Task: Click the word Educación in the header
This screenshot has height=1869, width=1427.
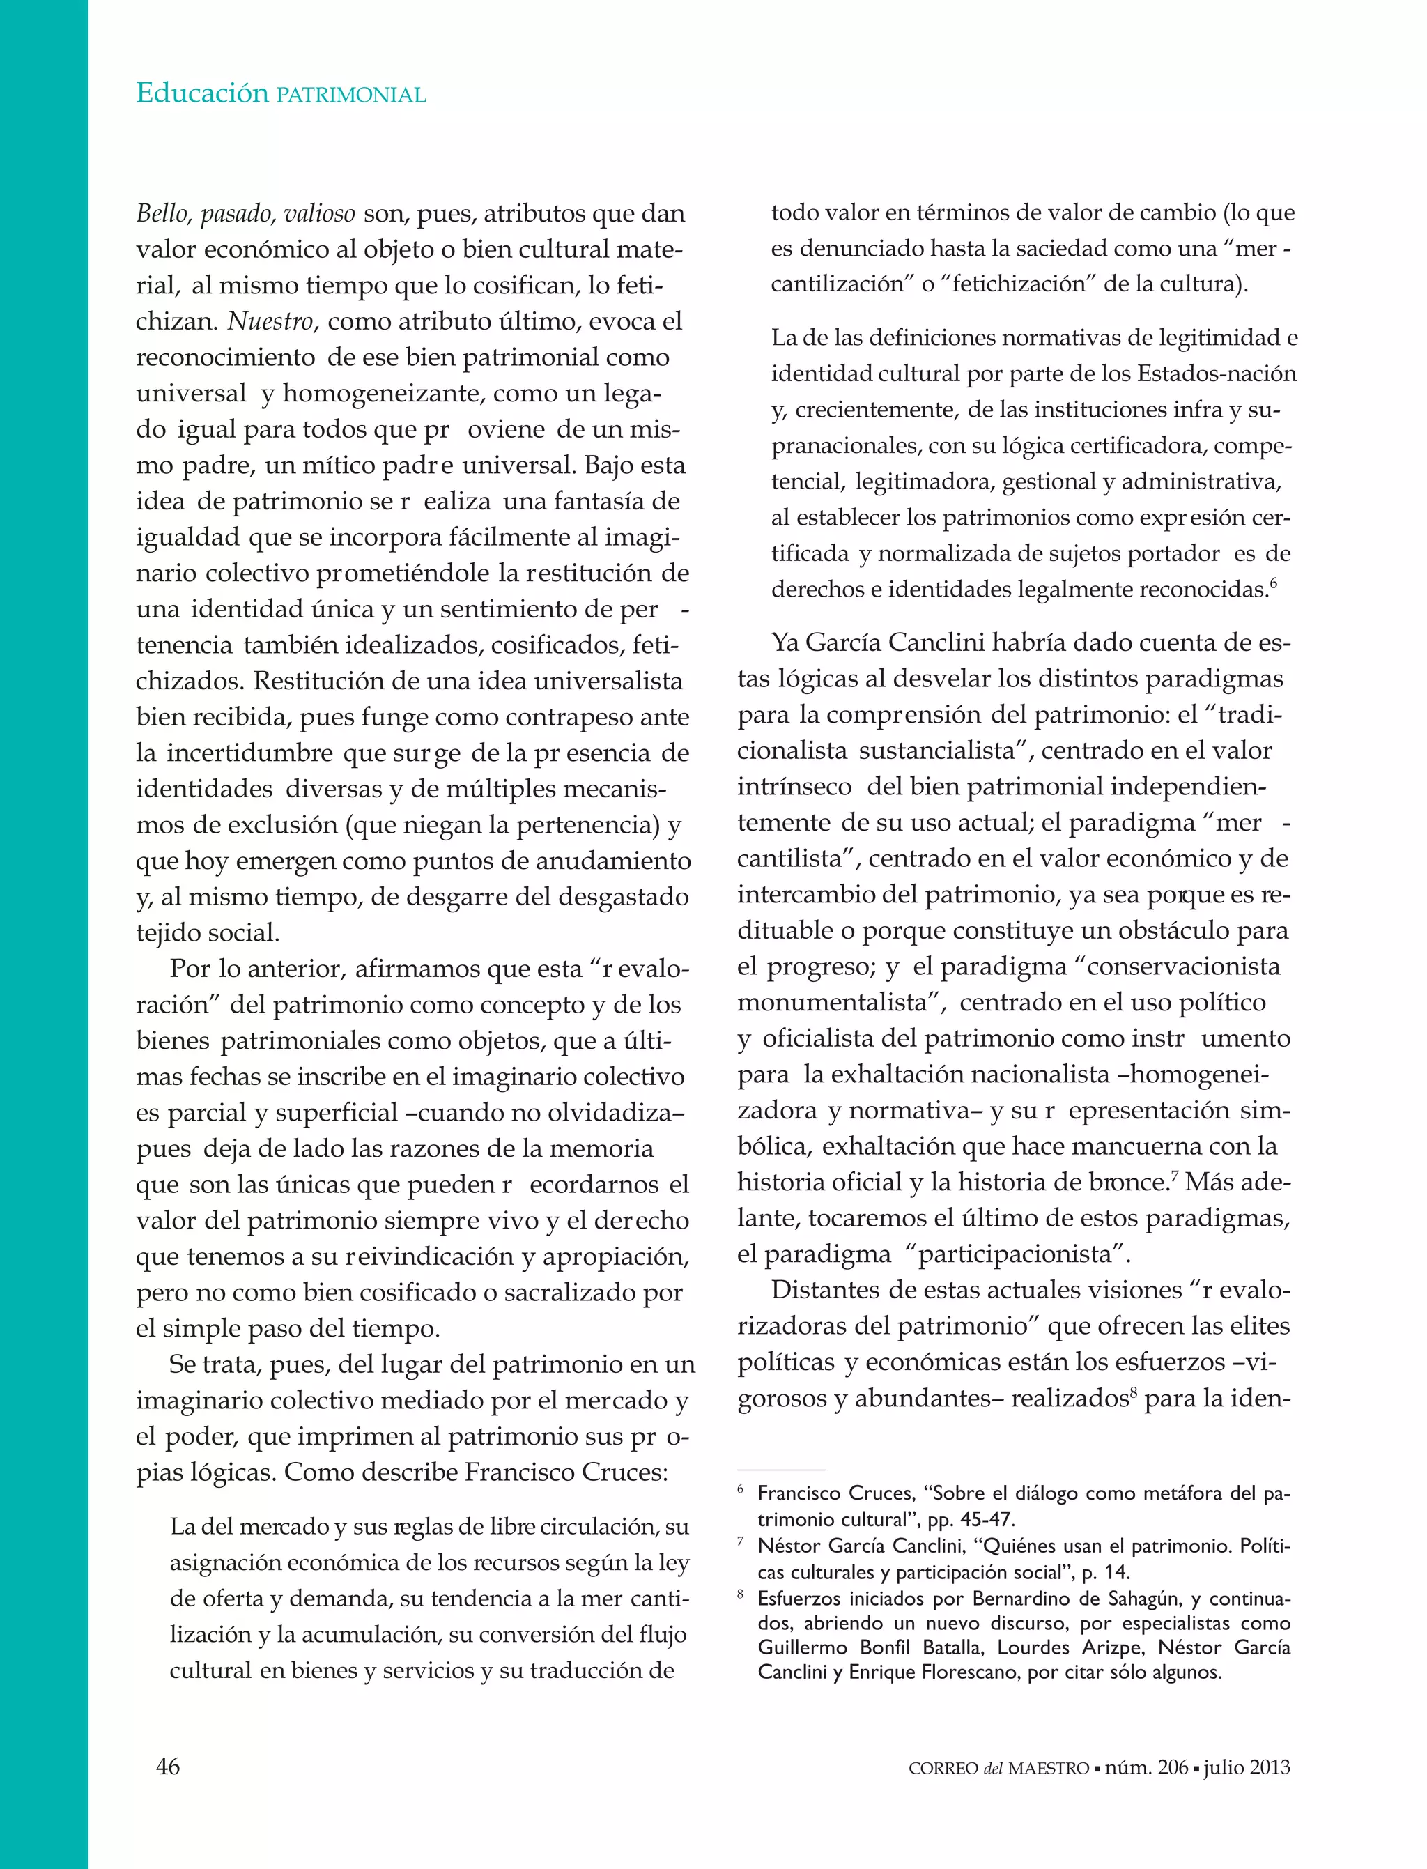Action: point(202,93)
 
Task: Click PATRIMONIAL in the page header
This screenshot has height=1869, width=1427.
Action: point(350,95)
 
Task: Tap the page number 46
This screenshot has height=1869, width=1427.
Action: point(168,1766)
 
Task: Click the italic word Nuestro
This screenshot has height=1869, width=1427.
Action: point(271,321)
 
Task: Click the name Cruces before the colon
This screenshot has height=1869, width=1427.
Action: point(624,1472)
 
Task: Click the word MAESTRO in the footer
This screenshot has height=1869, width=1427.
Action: point(1049,1769)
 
